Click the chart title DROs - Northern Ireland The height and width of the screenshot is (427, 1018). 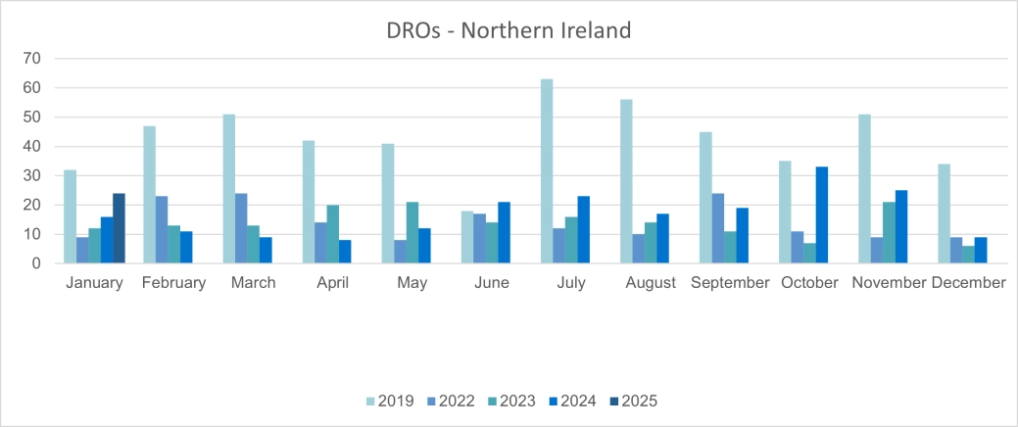click(x=509, y=30)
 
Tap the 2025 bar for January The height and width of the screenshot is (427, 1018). click(x=119, y=228)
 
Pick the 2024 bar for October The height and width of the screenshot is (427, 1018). click(x=821, y=215)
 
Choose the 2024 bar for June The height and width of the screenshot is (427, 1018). click(x=504, y=233)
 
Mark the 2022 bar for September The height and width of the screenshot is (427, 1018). click(x=717, y=228)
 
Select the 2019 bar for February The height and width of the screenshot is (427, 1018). click(x=149, y=195)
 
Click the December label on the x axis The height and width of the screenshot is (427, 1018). click(x=968, y=283)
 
